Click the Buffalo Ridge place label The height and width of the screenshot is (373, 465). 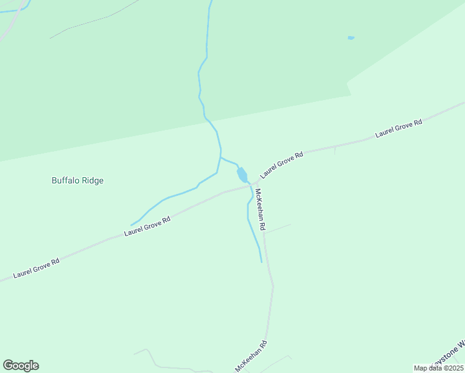click(77, 181)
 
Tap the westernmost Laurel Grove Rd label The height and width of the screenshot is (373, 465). click(36, 269)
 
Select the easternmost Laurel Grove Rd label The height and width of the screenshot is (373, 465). click(398, 129)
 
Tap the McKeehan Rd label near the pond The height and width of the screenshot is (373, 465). click(260, 210)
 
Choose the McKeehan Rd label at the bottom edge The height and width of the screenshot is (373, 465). click(251, 357)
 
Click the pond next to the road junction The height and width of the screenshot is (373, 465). click(242, 175)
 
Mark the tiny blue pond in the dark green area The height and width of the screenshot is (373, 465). click(351, 38)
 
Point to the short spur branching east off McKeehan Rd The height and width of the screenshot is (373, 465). click(278, 228)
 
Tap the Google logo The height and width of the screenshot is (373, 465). click(21, 366)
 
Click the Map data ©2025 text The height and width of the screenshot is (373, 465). click(438, 368)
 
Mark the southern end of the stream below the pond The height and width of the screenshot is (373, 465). click(261, 262)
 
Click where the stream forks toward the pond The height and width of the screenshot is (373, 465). click(221, 157)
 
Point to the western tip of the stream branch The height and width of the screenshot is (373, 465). click(131, 225)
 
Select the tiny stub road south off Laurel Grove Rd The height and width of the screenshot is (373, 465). click(335, 150)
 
